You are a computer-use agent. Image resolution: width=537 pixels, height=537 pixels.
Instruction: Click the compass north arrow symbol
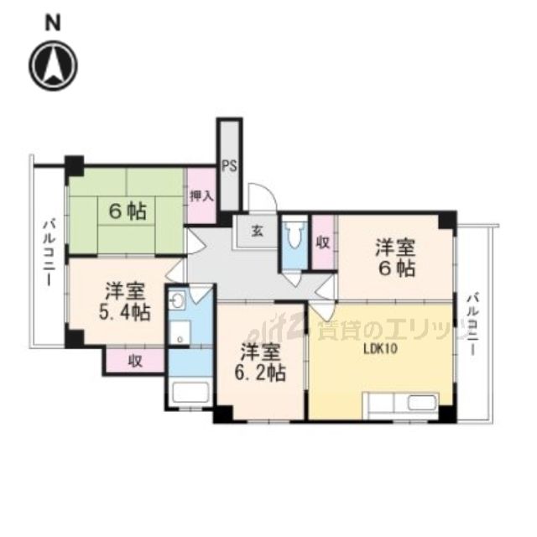(x=54, y=65)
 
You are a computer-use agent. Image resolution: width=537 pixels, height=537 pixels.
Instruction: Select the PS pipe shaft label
(x=228, y=165)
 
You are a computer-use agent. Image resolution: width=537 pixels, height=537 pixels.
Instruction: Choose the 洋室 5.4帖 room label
(x=127, y=302)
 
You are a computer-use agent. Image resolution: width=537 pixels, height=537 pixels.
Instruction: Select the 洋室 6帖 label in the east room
(x=394, y=258)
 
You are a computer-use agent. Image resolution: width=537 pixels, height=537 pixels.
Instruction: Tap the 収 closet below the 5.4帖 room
(x=133, y=361)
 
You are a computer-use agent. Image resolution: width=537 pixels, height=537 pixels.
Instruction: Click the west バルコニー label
(x=50, y=250)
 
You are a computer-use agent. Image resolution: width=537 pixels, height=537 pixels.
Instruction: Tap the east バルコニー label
(x=476, y=323)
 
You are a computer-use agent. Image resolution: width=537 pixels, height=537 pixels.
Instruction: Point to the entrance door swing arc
(x=264, y=199)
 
